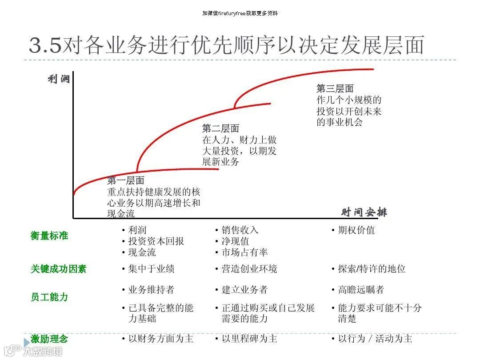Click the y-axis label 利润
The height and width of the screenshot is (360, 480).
click(x=59, y=80)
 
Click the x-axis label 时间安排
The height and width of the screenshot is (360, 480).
click(x=364, y=212)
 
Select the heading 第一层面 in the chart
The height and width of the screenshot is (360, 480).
click(x=126, y=180)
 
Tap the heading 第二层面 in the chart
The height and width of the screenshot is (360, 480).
click(x=220, y=128)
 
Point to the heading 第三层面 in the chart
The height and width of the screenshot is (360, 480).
click(x=335, y=88)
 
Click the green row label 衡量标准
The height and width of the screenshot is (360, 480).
click(x=49, y=236)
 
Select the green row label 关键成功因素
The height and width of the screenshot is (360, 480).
click(x=59, y=269)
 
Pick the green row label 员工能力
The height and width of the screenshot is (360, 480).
click(x=49, y=297)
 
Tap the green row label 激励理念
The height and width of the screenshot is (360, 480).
click(x=49, y=339)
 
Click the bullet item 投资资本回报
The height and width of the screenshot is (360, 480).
click(x=156, y=241)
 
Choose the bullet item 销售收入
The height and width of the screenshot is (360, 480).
click(x=240, y=230)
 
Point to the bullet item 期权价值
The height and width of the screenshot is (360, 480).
click(x=356, y=230)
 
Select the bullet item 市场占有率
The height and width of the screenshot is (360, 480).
click(x=245, y=252)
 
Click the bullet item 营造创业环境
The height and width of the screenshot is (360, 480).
click(x=249, y=269)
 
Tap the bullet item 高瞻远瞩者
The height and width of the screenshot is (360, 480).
click(x=361, y=290)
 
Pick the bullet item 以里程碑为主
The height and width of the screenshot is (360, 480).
click(x=249, y=339)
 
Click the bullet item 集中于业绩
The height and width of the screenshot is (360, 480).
click(x=151, y=269)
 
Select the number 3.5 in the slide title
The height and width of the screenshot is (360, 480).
click(x=46, y=46)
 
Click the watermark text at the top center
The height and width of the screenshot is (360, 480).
click(x=240, y=13)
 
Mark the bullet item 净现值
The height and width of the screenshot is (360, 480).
click(x=236, y=241)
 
